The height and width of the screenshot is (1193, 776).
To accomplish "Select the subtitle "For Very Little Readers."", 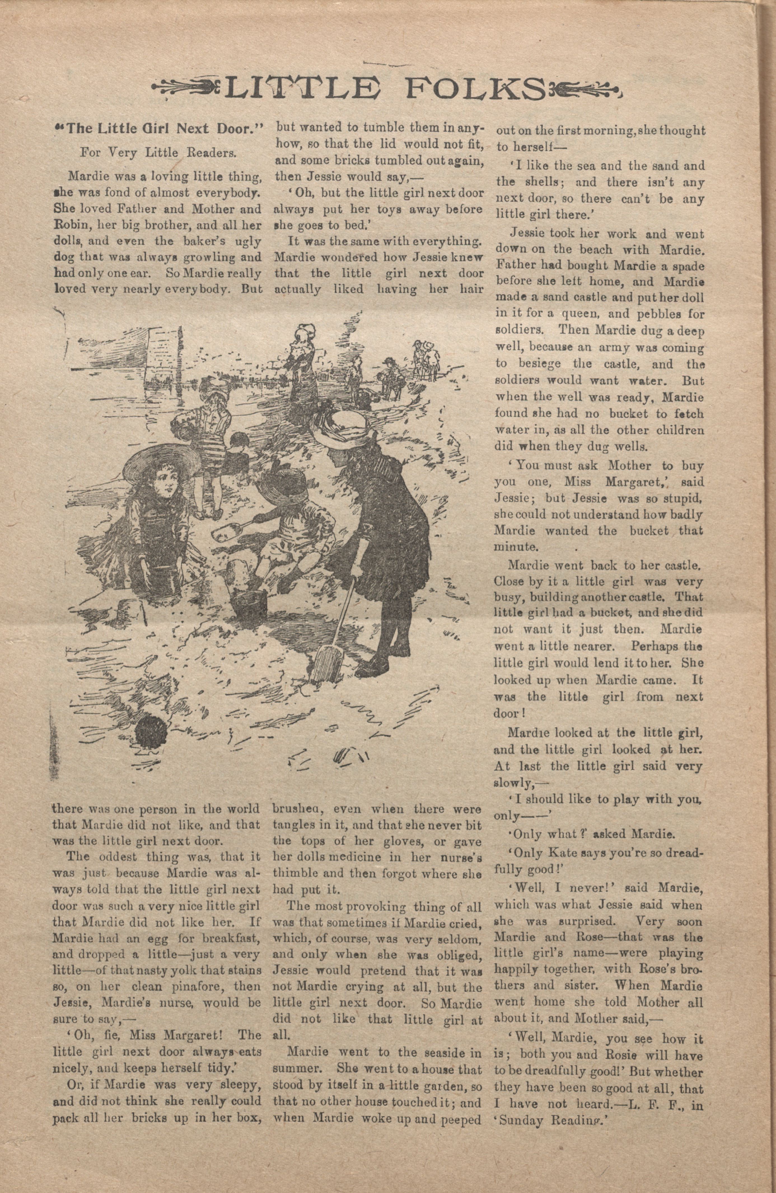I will [x=158, y=153].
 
